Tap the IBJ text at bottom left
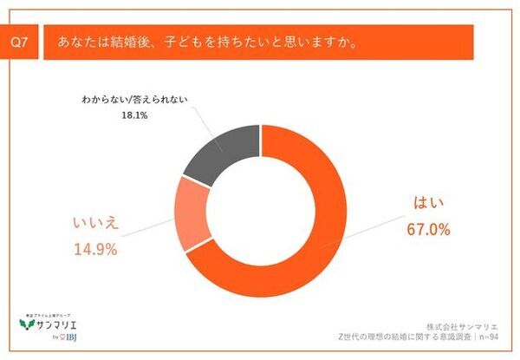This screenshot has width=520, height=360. (x=67, y=339)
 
